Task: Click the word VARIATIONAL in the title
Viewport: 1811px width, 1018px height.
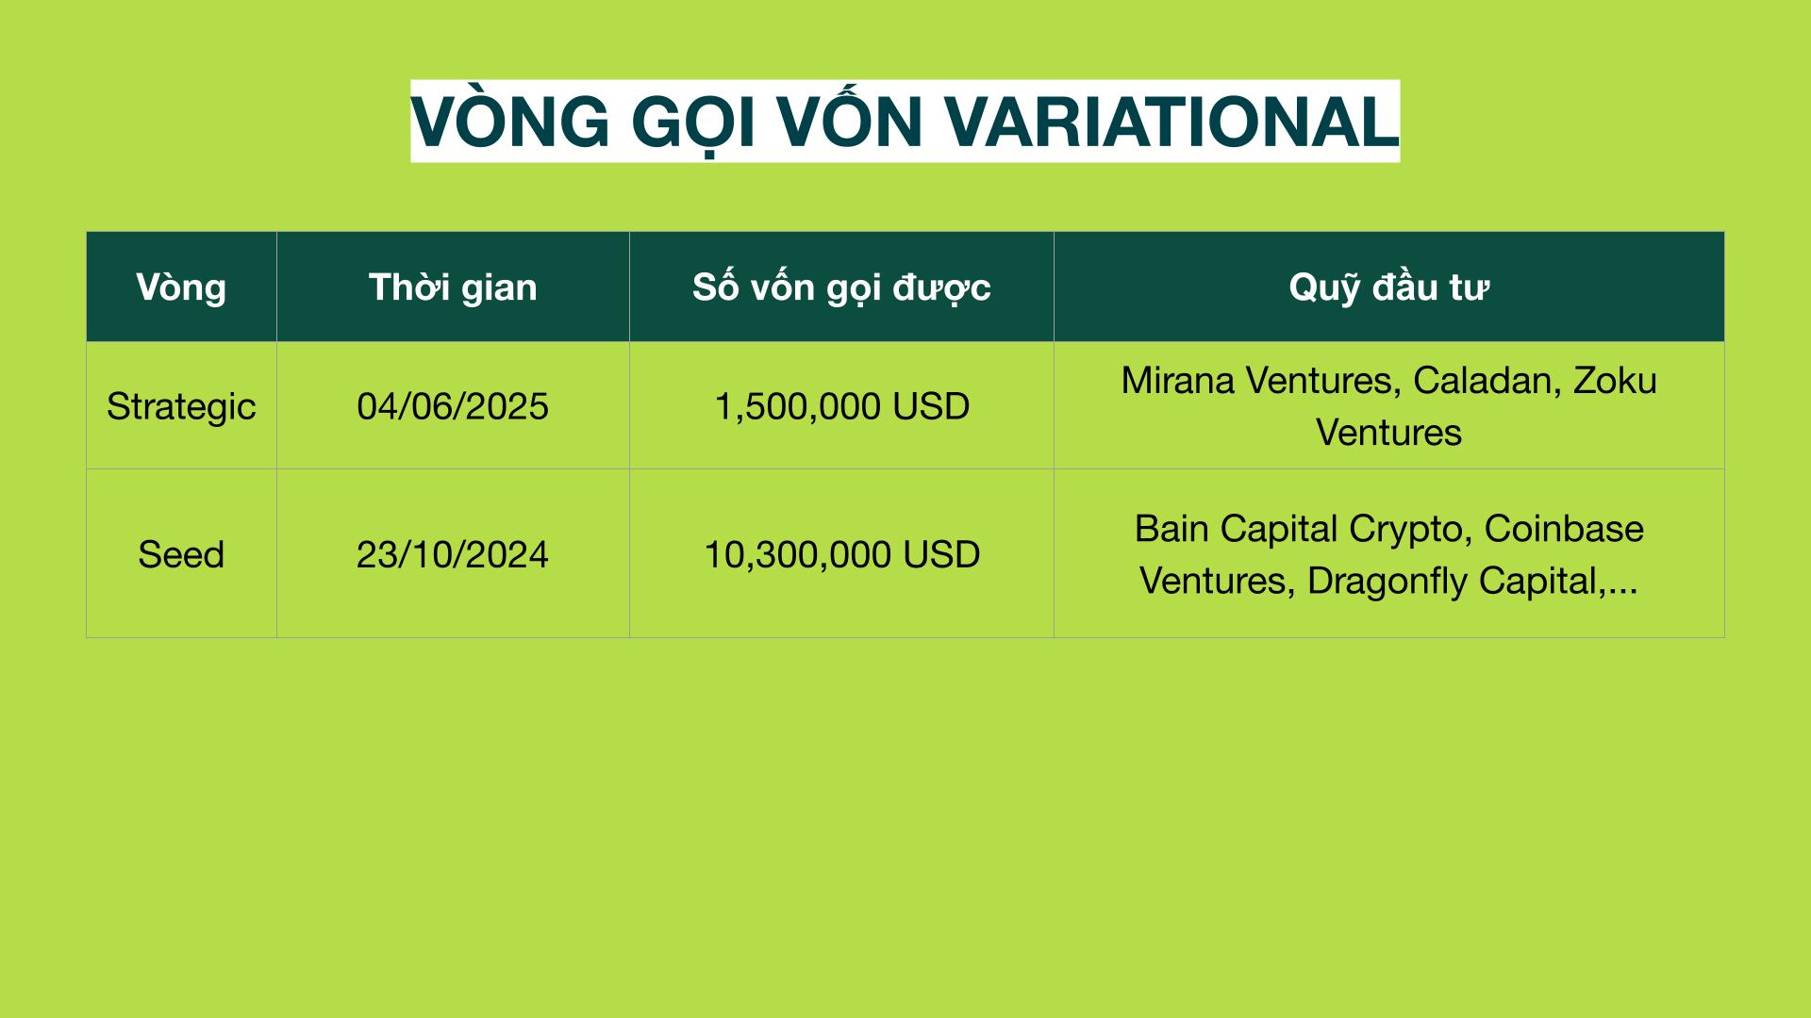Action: [x=1171, y=122]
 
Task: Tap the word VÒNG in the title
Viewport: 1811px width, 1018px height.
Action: [x=510, y=117]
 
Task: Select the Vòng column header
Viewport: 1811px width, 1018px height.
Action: [x=181, y=287]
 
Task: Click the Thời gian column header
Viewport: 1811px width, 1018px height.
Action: [x=453, y=287]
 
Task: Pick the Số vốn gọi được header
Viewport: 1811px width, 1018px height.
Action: [x=841, y=287]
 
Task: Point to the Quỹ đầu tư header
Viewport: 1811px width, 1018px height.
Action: [x=1388, y=287]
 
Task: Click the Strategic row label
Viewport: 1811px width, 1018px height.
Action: [x=181, y=406]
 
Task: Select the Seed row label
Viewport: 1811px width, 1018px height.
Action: [x=181, y=554]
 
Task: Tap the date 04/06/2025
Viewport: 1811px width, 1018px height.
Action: [x=453, y=406]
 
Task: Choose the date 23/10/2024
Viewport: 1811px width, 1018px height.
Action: [x=453, y=554]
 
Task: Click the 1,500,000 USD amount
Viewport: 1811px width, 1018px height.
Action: [x=841, y=406]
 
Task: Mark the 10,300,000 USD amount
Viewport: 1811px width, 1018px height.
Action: [x=841, y=554]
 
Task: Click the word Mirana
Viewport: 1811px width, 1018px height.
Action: [x=1179, y=380]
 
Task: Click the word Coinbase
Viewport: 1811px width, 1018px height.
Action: [x=1564, y=529]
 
